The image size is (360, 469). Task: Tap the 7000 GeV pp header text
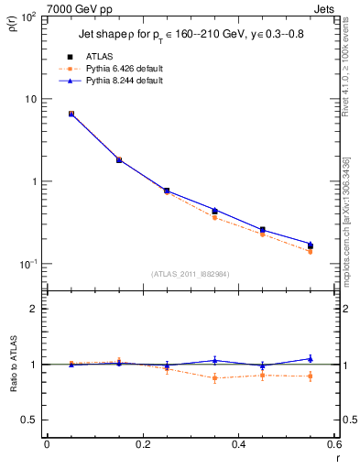click(x=78, y=7)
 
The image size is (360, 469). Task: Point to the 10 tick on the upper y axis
click(x=31, y=99)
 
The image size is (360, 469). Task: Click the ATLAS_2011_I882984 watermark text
click(x=190, y=273)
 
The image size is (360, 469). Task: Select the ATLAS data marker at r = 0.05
click(x=71, y=114)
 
